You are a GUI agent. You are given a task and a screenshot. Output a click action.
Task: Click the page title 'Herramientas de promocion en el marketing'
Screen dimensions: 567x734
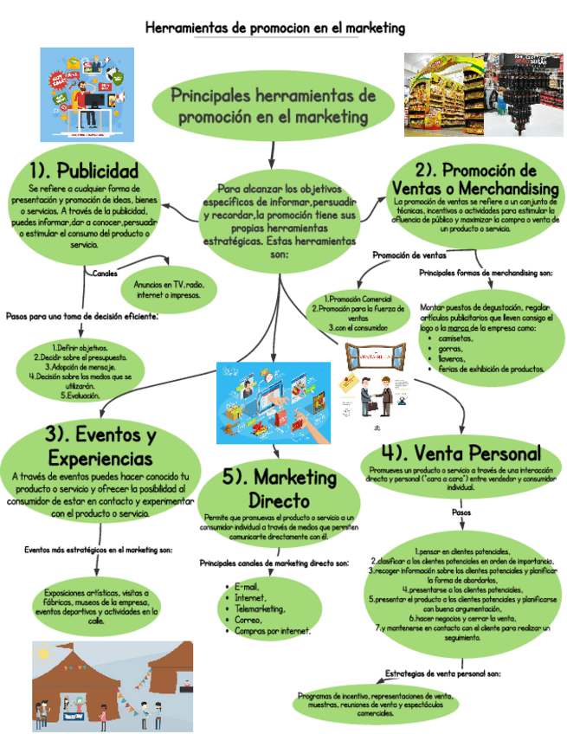coord(275,28)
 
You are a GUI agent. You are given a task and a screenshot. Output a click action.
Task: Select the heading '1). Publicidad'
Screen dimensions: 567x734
coord(83,167)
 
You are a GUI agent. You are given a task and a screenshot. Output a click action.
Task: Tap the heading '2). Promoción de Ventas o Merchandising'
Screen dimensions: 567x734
coord(475,178)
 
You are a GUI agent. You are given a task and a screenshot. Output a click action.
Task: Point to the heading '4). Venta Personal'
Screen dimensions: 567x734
coord(461,453)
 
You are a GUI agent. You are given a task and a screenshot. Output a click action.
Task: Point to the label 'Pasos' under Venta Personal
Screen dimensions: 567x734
coord(461,512)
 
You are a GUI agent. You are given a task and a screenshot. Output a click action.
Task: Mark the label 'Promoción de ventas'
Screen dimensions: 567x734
coord(409,255)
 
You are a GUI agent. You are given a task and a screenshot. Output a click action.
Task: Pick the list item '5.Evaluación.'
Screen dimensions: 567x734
coord(81,395)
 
